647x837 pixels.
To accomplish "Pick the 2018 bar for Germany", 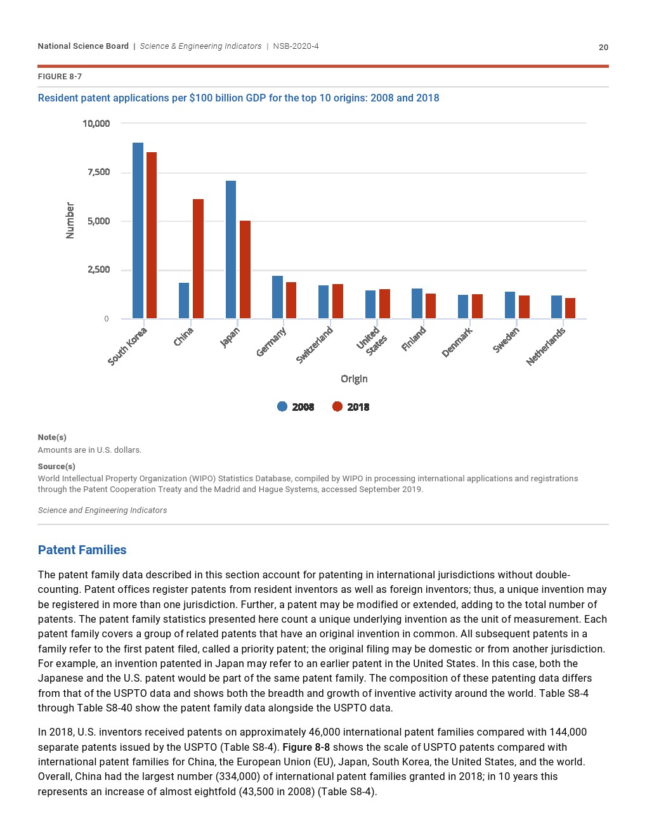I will (291, 301).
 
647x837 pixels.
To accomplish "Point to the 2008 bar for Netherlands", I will (556, 307).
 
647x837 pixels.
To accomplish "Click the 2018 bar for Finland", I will (431, 306).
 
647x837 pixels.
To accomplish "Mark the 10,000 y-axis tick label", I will (96, 124).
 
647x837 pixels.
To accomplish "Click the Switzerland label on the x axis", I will (315, 345).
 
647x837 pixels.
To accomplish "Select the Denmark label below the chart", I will (457, 342).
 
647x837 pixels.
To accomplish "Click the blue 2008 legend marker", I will (282, 406).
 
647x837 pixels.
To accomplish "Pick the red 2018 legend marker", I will (337, 406).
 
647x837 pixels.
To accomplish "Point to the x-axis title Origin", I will (354, 379).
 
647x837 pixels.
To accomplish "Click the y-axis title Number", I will (70, 221).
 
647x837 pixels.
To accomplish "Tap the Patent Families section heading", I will (82, 550).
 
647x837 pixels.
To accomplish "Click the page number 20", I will (603, 48).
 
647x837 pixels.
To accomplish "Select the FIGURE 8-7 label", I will (60, 77).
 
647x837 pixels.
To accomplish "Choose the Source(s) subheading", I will (56, 466).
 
